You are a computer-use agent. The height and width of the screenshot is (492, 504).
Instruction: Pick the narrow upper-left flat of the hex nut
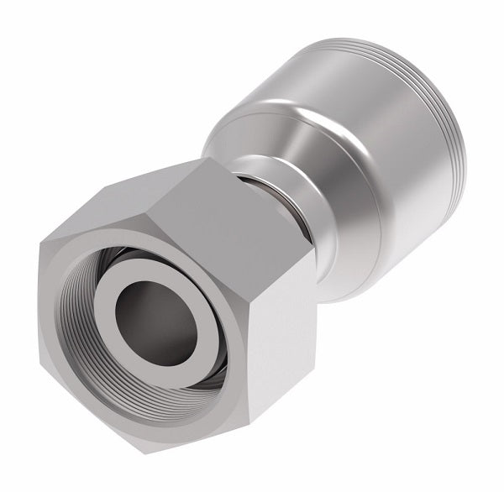pyautogui.click(x=101, y=214)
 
